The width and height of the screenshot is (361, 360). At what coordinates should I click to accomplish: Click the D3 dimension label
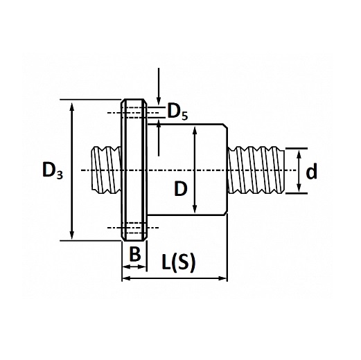coord(53,171)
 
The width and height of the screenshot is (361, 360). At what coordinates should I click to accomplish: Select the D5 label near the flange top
coord(177,111)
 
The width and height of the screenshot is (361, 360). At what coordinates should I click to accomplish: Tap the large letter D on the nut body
coord(181,188)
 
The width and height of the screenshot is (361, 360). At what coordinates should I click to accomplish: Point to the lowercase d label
coord(311,171)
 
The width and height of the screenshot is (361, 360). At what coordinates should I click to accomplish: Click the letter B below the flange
coord(135,254)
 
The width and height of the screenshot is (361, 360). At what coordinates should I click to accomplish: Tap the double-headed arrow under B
coord(134,267)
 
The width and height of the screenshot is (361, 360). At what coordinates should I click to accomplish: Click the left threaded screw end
coord(106,170)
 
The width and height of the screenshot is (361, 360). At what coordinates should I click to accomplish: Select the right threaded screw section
coord(256,170)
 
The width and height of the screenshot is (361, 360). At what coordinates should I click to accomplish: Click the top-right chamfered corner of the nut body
coord(225,126)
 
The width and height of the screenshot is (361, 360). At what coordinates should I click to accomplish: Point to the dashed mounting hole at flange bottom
coord(134,228)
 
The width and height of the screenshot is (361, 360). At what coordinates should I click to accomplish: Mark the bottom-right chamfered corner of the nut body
coord(225,213)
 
